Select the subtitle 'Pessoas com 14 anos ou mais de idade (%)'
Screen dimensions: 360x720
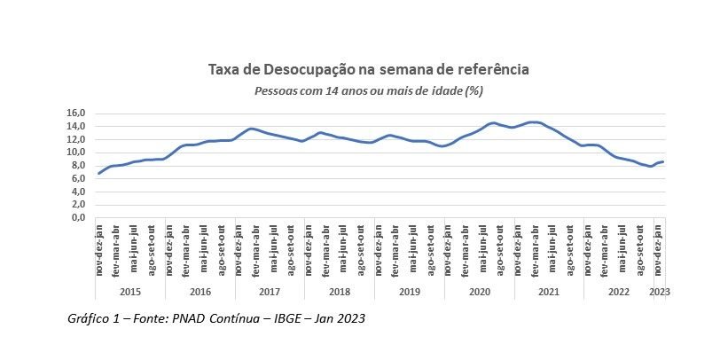coord(368,90)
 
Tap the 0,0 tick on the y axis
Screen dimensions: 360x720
coord(77,217)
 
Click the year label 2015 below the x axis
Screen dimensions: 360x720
coord(130,291)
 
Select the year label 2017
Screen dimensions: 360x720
coord(270,291)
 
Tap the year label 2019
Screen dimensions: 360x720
coord(409,291)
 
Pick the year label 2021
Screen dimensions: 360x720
coord(549,291)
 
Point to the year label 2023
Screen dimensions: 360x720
coord(660,291)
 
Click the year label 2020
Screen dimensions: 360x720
coord(479,291)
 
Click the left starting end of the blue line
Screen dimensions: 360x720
coord(98,173)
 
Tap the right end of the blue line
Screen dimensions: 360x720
coord(663,161)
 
